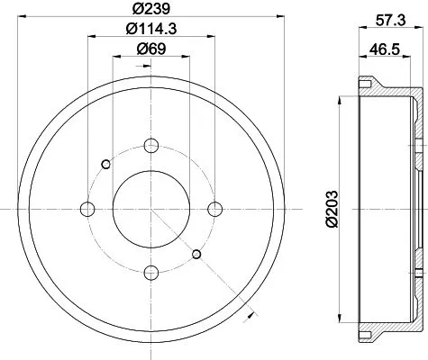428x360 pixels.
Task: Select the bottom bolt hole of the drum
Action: pos(150,270)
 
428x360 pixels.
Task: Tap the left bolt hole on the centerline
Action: pos(88,209)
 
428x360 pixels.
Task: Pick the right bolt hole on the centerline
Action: pos(214,209)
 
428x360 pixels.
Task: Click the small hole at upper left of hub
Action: pos(106,163)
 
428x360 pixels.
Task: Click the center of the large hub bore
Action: pos(150,209)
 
